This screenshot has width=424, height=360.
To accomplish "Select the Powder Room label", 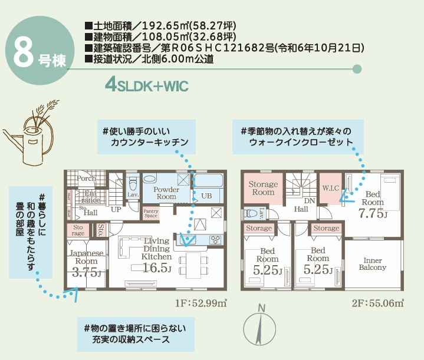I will [x=166, y=193].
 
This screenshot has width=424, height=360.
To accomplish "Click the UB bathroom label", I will [x=206, y=195].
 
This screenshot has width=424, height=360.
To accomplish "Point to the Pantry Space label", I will [x=151, y=213].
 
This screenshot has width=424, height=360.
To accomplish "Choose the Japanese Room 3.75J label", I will [x=87, y=263].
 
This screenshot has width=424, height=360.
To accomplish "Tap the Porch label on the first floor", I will [x=87, y=178].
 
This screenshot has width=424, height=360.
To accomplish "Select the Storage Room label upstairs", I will [x=263, y=189].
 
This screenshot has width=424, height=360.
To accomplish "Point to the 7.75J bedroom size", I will [x=373, y=213].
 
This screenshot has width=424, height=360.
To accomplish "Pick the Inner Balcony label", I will [x=373, y=263].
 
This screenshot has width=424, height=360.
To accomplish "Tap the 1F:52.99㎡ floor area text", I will [x=201, y=303].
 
